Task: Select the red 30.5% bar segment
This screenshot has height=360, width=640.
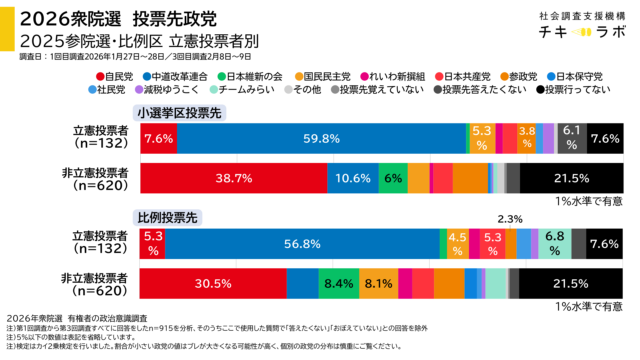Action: [x=213, y=283]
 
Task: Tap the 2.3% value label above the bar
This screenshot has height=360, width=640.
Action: [x=510, y=219]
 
